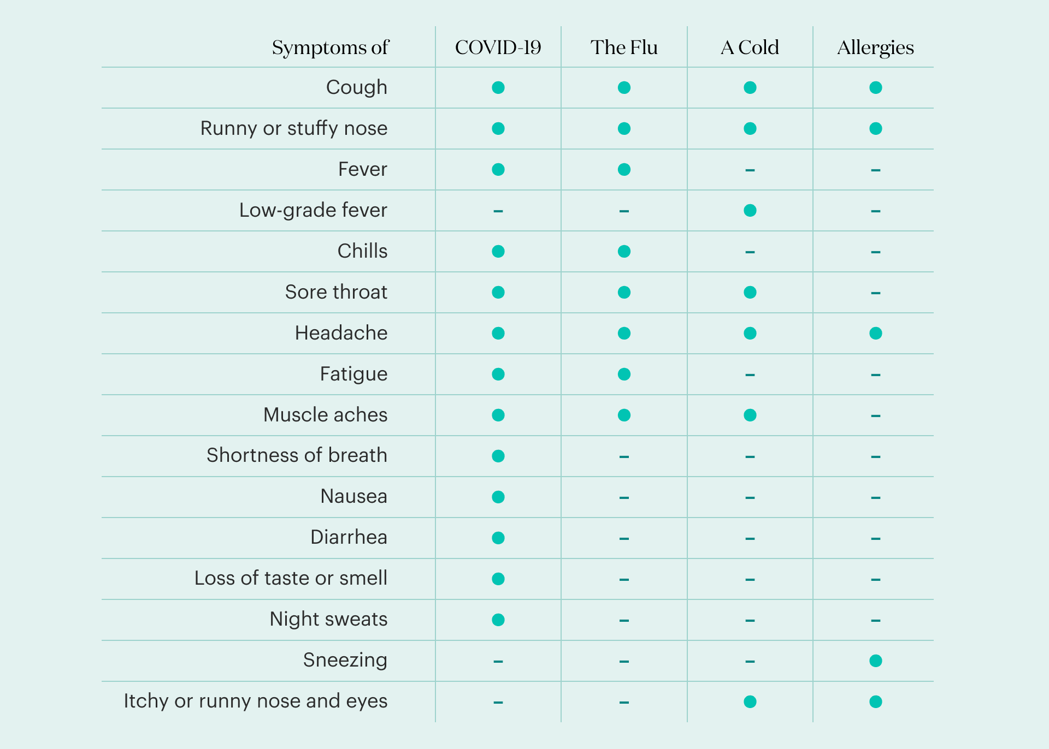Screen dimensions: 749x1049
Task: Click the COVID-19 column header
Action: (x=498, y=47)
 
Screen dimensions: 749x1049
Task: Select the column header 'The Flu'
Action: (x=624, y=47)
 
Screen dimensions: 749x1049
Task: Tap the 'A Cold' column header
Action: (x=750, y=47)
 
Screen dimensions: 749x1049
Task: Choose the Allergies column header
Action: (x=875, y=47)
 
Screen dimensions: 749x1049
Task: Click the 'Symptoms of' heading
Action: (x=330, y=48)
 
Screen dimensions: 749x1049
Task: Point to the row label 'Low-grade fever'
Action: (x=313, y=210)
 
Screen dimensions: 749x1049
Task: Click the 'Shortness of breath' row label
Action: (x=297, y=455)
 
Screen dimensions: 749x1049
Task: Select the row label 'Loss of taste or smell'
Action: (x=291, y=578)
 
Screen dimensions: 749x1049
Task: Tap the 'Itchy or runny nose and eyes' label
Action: (x=256, y=701)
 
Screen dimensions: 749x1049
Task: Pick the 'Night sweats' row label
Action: (x=328, y=619)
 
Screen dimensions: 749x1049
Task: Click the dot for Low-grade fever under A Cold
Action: (x=750, y=210)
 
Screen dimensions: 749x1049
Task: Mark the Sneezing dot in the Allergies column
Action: (x=876, y=661)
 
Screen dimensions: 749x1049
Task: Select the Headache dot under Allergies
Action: (x=876, y=333)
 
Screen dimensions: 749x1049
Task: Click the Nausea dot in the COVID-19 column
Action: (x=498, y=497)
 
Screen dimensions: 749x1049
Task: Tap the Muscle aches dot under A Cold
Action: (x=750, y=415)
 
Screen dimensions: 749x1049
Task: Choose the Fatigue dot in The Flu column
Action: (x=624, y=374)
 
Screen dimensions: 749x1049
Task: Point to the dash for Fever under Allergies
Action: (x=876, y=170)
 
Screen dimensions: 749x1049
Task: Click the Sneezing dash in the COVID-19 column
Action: (x=498, y=662)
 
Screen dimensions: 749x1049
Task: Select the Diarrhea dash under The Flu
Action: (x=624, y=539)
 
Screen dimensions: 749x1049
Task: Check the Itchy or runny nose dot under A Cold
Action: (x=750, y=702)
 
